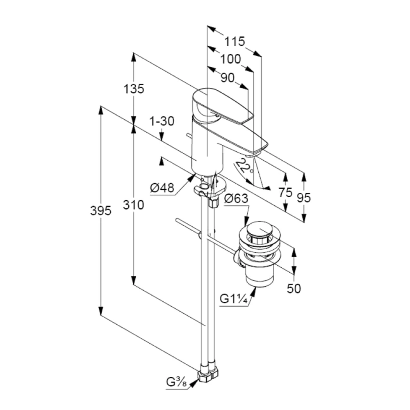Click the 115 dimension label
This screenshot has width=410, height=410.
(x=235, y=41)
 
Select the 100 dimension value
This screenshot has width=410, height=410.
(x=230, y=59)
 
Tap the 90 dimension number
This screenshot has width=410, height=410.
(x=227, y=77)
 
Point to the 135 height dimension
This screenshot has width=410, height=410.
(x=134, y=89)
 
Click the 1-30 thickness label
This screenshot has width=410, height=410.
(x=162, y=122)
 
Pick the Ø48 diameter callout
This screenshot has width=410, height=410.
(x=162, y=188)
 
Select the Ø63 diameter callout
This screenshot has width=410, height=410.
(x=236, y=200)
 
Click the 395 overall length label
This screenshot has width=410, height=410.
(x=101, y=211)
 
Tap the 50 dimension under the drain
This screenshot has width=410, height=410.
(x=294, y=288)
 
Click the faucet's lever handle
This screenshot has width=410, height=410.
(x=223, y=107)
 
